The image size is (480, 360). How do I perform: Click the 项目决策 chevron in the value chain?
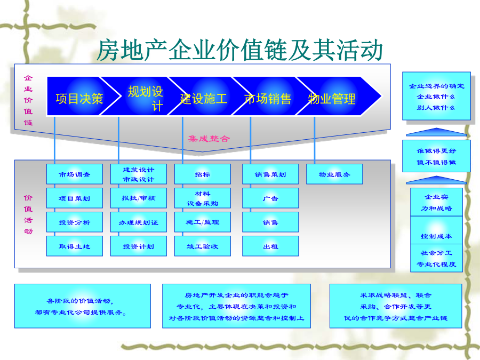pos(79,96)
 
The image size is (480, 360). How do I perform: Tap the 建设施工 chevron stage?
pos(204,96)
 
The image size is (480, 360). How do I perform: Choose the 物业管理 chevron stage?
pos(334,96)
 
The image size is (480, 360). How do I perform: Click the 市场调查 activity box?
pos(74,174)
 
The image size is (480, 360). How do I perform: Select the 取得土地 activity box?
pos(74,246)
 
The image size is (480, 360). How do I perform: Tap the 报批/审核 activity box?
pos(138,198)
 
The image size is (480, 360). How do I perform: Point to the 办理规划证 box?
pos(138,222)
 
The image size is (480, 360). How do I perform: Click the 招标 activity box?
pos(202,174)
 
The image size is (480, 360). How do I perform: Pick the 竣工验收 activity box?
pos(202,246)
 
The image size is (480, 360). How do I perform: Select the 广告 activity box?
pos(270,198)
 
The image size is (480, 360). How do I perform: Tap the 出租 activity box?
pos(270,246)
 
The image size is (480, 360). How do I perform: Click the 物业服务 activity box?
pos(334,174)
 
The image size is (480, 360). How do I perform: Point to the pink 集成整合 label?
pos(209,139)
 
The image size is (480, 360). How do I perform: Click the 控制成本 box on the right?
pos(436,230)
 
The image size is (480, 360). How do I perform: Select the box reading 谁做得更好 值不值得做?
pos(436,156)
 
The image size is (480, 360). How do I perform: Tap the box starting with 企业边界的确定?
pos(436,96)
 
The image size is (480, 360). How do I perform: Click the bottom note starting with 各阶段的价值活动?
pos(83,306)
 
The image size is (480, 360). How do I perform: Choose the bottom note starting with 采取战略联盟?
pos(396,306)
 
